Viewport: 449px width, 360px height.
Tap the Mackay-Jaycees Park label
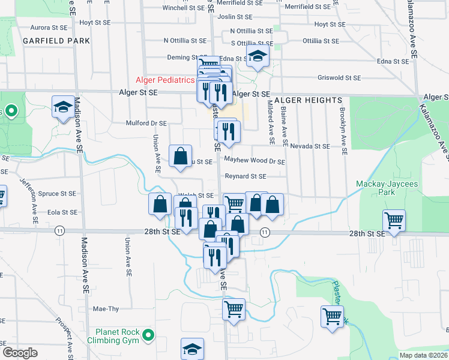tap(384, 188)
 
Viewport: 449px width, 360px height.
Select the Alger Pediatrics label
tap(165, 80)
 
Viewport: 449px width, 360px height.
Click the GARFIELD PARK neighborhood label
tap(56, 41)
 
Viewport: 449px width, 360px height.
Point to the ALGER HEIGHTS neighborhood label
tap(307, 100)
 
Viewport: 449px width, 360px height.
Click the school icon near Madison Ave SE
tap(63, 107)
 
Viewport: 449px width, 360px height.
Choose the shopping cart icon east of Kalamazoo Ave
tap(394, 220)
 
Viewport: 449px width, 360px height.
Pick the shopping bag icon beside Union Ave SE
tap(180, 156)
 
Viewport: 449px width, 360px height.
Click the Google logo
tap(20, 352)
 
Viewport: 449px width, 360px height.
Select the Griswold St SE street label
tap(339, 78)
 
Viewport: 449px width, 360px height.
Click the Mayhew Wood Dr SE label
tap(255, 161)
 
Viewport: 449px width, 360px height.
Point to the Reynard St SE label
tap(245, 176)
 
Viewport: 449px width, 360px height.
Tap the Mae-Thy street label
tap(106, 309)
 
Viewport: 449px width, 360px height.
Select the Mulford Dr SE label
tap(146, 123)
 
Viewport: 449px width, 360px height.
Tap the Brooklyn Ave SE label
tap(344, 129)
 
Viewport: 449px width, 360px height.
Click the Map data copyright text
tap(423, 355)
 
